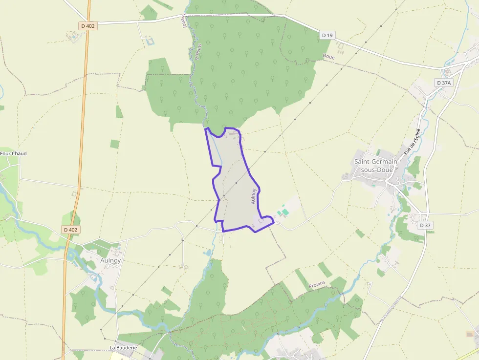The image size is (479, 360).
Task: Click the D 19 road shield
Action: [x=327, y=35]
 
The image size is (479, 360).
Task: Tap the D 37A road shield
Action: [x=444, y=83]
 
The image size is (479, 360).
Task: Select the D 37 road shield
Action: [x=425, y=225]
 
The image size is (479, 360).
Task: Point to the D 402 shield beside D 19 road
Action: [x=88, y=26]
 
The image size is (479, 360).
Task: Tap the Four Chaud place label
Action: [x=13, y=153]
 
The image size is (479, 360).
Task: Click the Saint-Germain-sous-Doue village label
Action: [x=376, y=165]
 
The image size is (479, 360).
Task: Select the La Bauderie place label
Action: [x=123, y=347]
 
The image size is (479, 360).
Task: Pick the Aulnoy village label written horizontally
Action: [x=110, y=260]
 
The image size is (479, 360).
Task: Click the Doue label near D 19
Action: [x=329, y=57]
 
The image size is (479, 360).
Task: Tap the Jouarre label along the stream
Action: [x=185, y=20]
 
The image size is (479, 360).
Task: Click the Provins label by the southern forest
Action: [x=317, y=285]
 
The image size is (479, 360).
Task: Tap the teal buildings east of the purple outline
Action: [x=282, y=212]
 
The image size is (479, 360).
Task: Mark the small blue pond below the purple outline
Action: [x=209, y=253]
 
